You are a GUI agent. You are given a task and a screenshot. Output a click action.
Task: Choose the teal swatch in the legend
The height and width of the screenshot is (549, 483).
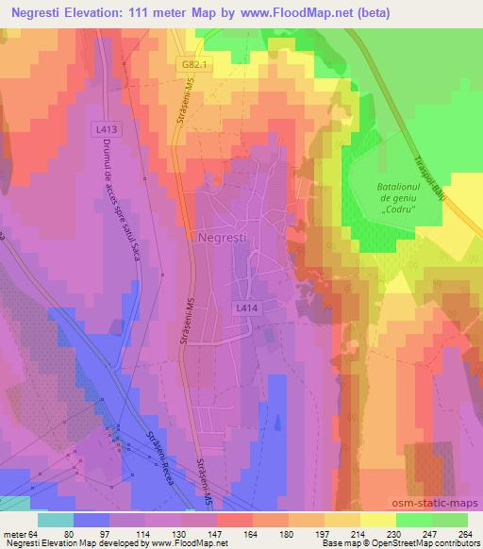pyautogui.click(x=56, y=520)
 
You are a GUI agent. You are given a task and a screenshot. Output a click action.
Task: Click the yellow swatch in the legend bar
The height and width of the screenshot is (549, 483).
pyautogui.click(x=377, y=520)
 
